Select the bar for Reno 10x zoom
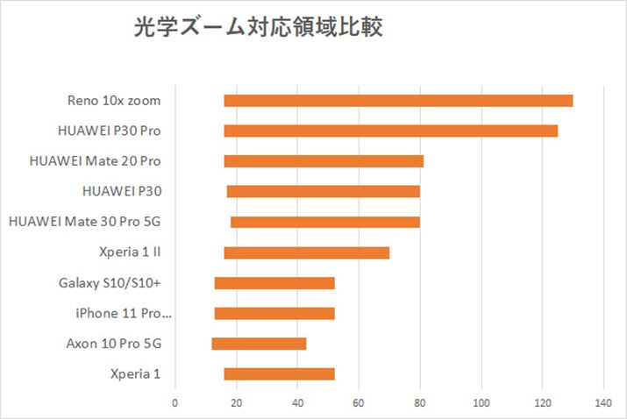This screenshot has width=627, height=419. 398,101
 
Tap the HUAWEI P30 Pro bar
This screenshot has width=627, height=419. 390,131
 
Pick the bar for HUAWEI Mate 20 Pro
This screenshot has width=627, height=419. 324,161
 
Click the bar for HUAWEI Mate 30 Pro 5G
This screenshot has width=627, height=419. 324,222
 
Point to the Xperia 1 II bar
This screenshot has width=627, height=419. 306,252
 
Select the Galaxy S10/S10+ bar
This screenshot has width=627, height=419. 274,283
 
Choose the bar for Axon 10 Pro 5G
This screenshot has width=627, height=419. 259,344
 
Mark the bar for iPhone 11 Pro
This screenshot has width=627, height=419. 274,313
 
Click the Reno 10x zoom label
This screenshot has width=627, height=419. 114,101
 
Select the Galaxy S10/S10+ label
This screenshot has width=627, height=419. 110,283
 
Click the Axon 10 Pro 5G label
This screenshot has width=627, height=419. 113,344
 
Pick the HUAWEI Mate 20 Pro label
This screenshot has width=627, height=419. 95,161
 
